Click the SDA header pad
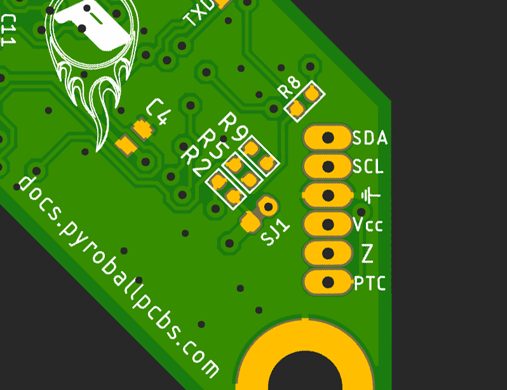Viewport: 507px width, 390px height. [328, 137]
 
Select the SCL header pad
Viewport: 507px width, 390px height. [328, 166]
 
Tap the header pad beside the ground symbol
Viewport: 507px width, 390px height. [328, 196]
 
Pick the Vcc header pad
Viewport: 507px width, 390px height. [328, 224]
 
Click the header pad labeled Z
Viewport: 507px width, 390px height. [328, 253]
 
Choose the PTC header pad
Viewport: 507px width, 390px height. [328, 282]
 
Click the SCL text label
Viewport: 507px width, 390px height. [368, 167]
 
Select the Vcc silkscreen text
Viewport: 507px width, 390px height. [368, 225]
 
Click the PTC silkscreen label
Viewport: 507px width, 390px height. [370, 283]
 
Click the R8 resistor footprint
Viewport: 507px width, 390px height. [304, 101]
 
